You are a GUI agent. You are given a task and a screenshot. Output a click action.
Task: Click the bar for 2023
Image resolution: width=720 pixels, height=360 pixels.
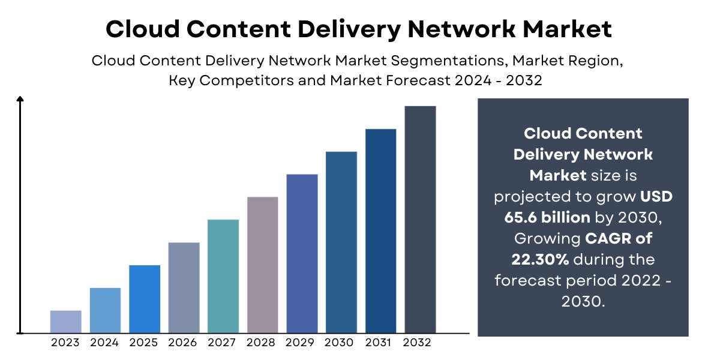(x=65, y=322)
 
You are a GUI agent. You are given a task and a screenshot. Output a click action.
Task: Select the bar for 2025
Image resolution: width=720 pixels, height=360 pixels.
(x=145, y=299)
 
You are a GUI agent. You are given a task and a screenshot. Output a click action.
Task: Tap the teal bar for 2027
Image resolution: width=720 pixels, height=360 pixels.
(x=223, y=276)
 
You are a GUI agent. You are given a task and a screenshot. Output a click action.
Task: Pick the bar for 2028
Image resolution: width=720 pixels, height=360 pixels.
(x=263, y=265)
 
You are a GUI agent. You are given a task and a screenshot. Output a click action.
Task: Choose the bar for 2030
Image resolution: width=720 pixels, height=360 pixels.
(x=341, y=242)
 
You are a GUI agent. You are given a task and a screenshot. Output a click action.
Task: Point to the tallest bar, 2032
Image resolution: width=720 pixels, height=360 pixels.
(x=420, y=219)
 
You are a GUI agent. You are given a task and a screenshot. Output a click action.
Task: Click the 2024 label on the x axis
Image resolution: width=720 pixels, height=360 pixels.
(x=104, y=343)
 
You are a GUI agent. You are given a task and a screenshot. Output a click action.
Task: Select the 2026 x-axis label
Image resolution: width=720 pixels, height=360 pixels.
(x=184, y=343)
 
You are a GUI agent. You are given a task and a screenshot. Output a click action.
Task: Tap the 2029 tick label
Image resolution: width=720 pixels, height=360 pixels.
(x=302, y=343)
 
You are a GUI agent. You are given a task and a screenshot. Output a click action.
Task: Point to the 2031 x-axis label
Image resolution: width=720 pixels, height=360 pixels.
(x=380, y=343)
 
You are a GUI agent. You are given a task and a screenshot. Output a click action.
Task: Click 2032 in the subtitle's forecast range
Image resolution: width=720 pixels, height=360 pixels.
(x=523, y=80)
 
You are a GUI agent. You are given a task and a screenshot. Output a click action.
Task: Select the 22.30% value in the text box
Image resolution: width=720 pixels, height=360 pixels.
(x=539, y=260)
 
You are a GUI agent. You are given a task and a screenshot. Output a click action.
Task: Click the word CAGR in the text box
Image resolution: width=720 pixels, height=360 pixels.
(x=607, y=239)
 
